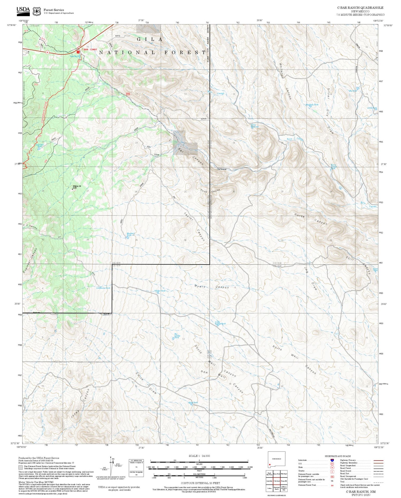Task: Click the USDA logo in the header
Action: tap(23, 10)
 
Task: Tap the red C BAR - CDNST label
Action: tap(89, 49)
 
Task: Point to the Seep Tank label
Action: tap(75, 56)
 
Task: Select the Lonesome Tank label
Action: tap(103, 288)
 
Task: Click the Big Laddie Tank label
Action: tap(177, 336)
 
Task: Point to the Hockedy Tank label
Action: tap(312, 105)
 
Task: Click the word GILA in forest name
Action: tap(150, 39)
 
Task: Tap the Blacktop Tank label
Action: tap(130, 234)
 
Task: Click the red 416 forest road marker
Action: tap(128, 94)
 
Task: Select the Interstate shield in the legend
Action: tap(332, 460)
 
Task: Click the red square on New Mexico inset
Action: tap(270, 465)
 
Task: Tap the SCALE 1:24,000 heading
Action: tap(199, 456)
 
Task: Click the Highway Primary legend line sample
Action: tap(377, 460)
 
